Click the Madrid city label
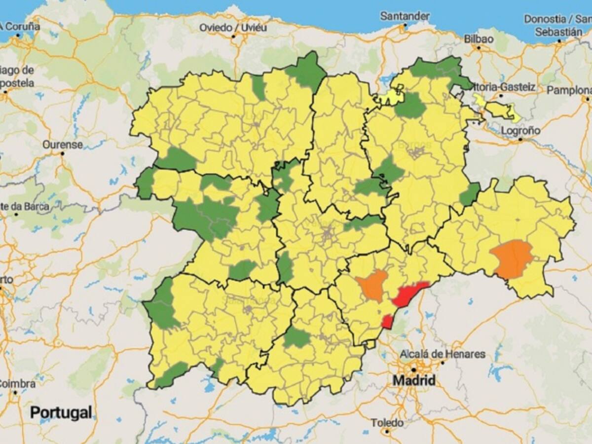pos(414,380)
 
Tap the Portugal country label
pos(61,412)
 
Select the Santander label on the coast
pos(405,16)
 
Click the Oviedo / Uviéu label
pos(231,27)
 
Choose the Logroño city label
pos(520,131)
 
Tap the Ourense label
pos(62,145)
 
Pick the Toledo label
pos(387,423)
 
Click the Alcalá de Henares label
pos(443,354)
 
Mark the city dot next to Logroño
pos(520,140)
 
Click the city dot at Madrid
pos(414,369)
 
